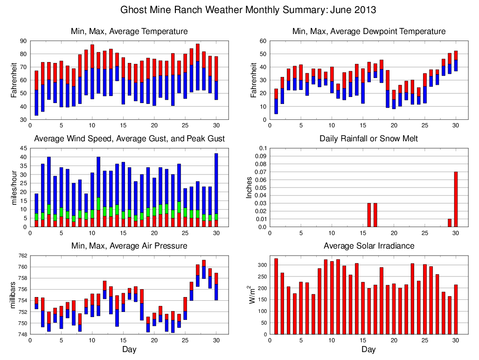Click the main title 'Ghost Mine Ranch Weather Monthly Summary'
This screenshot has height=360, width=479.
click(x=248, y=10)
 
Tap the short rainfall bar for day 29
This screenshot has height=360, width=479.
click(x=450, y=223)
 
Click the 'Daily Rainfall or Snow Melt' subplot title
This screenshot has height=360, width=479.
click(x=368, y=138)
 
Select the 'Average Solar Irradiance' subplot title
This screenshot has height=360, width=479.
click(x=368, y=246)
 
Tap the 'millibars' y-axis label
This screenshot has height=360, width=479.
click(x=14, y=295)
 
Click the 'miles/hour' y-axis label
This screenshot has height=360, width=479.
click(x=14, y=187)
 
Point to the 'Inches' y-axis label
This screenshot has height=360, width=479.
click(x=249, y=187)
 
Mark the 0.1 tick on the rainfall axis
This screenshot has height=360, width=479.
click(x=262, y=148)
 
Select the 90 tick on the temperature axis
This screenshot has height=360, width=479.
click(x=23, y=41)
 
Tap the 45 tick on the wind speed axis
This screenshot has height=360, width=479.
click(x=23, y=148)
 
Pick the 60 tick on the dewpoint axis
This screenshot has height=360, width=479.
click(x=262, y=41)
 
